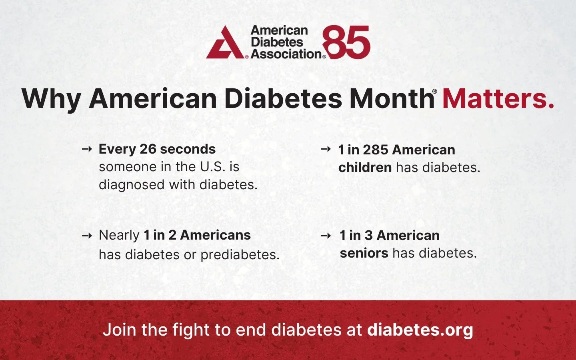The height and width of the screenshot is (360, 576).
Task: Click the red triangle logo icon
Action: [225, 43]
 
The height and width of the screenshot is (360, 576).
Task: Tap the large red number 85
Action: [346, 42]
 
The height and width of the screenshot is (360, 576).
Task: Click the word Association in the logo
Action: [286, 54]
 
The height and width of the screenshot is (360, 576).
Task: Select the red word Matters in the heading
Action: [498, 98]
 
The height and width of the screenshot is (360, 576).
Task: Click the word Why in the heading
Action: [51, 98]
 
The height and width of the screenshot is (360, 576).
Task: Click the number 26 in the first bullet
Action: [148, 149]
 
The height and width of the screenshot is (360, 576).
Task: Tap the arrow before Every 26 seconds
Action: [87, 149]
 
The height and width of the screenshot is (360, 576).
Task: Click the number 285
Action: [376, 150]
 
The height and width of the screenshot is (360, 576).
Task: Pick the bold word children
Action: [365, 168]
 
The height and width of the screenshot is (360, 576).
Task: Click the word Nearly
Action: [119, 235]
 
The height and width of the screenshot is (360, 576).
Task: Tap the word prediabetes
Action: [240, 254]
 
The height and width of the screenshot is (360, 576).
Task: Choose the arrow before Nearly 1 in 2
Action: [87, 236]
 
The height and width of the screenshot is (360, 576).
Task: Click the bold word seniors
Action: [364, 253]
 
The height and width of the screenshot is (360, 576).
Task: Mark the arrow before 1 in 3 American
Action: [326, 236]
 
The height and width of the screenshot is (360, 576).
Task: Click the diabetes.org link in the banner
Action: [420, 330]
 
